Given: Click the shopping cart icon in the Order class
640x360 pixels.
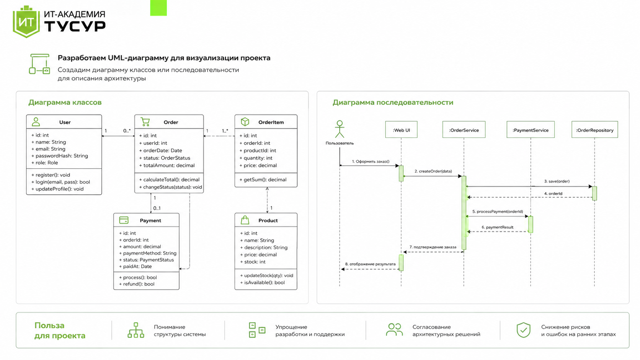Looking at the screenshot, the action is (145, 122).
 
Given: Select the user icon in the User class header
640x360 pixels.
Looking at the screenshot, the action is (36, 122).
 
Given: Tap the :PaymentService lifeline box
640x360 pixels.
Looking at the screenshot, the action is (530, 130).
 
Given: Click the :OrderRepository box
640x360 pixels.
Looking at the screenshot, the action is (594, 130).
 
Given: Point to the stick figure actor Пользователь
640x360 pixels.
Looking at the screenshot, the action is (340, 129).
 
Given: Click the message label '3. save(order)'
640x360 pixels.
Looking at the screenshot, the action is (557, 181).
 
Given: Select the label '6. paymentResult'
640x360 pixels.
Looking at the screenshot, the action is (498, 227).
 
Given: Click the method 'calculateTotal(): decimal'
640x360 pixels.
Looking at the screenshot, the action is (169, 179).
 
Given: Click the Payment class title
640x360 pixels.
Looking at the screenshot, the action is (150, 220).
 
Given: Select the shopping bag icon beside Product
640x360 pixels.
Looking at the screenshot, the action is (245, 220).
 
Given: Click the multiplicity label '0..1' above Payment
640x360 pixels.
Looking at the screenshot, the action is (157, 209).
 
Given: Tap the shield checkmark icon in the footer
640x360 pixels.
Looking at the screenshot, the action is (523, 330).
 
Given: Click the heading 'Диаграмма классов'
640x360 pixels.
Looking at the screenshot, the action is (65, 102).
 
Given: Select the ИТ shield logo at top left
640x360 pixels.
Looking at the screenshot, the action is (26, 22).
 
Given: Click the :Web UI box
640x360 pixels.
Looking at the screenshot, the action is (401, 130).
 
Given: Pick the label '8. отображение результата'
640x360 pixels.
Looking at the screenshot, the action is (370, 264).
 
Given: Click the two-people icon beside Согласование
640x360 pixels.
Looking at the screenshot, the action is (394, 330).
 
